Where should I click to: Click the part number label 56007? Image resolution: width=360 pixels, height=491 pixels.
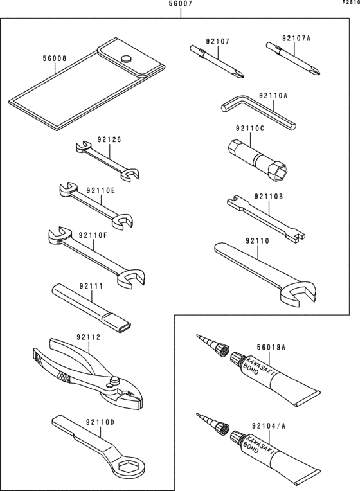coord(180,4)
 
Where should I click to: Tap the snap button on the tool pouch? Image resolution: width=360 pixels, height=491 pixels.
coord(127,58)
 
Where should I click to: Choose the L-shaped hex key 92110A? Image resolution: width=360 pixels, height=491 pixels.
coord(257,113)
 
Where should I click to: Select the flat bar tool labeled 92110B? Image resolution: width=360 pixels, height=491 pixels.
coord(264,216)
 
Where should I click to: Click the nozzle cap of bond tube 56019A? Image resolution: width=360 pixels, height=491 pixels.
coord(221,348)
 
